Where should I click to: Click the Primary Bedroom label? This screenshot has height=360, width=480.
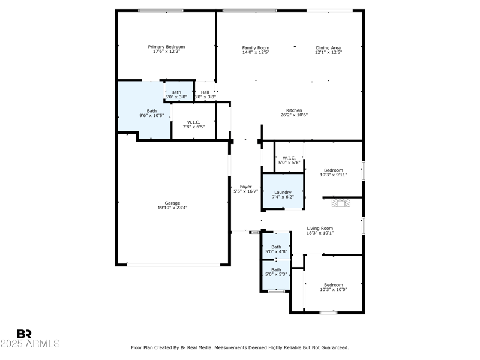click(166, 47)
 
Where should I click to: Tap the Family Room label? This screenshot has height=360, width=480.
click(256, 47)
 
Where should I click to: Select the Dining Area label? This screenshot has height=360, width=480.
click(328, 47)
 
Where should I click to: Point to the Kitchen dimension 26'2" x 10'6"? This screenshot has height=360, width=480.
click(294, 115)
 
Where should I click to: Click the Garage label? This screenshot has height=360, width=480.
click(172, 203)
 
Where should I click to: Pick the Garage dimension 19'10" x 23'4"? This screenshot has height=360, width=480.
click(172, 208)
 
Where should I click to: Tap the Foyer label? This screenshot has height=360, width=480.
click(245, 187)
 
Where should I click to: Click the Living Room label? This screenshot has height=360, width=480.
click(320, 228)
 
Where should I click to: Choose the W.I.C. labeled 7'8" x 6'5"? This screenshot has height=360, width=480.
click(193, 124)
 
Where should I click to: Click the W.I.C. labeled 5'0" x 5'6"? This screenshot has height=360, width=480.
click(289, 160)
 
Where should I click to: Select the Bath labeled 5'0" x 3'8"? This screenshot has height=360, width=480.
click(176, 94)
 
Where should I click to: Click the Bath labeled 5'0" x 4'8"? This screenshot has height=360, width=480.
click(276, 249)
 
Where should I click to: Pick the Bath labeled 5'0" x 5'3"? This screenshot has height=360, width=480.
click(276, 272)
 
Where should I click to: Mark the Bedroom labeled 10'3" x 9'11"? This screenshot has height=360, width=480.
click(333, 172)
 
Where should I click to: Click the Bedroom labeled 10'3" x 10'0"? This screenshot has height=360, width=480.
click(333, 287)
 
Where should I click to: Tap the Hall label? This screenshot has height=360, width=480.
click(205, 92)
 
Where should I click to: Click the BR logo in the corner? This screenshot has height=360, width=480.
click(24, 334)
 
